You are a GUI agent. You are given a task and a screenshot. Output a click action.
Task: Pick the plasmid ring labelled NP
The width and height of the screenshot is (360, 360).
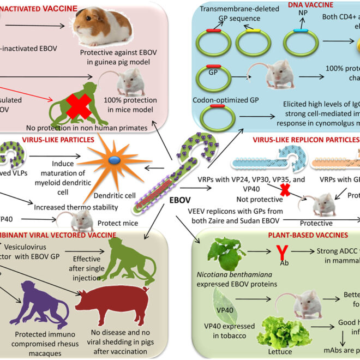(299, 40)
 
